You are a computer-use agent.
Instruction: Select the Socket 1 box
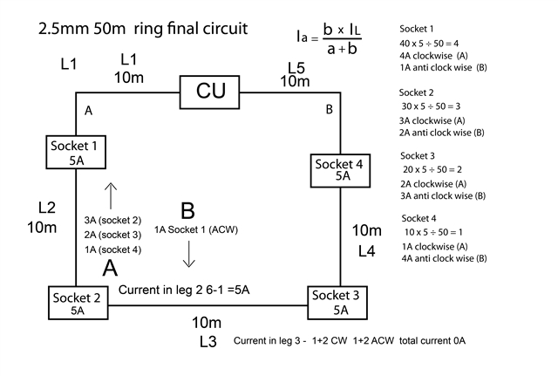[x=77, y=152]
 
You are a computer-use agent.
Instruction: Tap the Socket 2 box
[x=78, y=302]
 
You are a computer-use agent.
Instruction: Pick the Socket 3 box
[x=340, y=302]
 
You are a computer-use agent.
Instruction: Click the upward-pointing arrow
[x=110, y=194]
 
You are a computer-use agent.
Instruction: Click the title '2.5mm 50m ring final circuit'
[x=143, y=29]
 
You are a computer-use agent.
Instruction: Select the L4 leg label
[x=367, y=251]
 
